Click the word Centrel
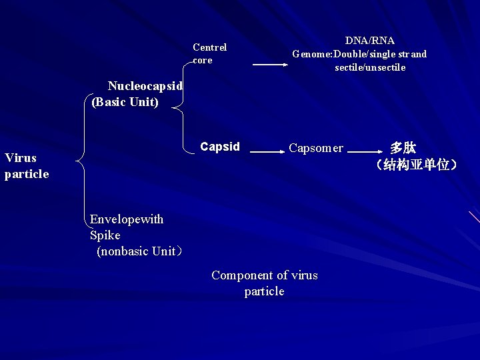tap(209, 47)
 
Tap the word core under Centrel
tap(203, 60)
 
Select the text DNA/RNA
tap(370, 41)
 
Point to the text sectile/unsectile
tap(370, 67)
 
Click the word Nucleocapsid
tap(145, 86)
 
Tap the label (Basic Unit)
tap(125, 102)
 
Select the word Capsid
tap(220, 147)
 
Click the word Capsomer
tap(316, 148)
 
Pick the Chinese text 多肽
tap(403, 147)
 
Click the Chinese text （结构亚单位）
tap(416, 164)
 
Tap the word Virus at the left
tap(21, 158)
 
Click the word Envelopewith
tap(127, 219)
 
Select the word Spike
tap(105, 235)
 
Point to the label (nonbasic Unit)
tap(139, 251)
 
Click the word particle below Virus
tap(27, 174)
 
